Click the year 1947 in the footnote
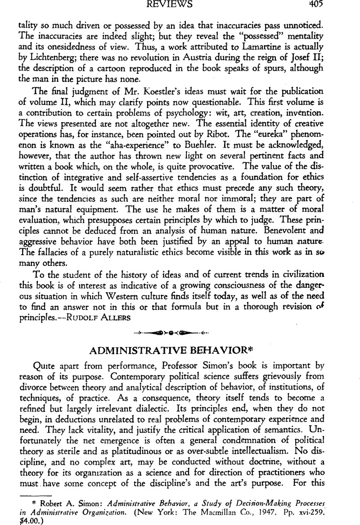click(x=265, y=511)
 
